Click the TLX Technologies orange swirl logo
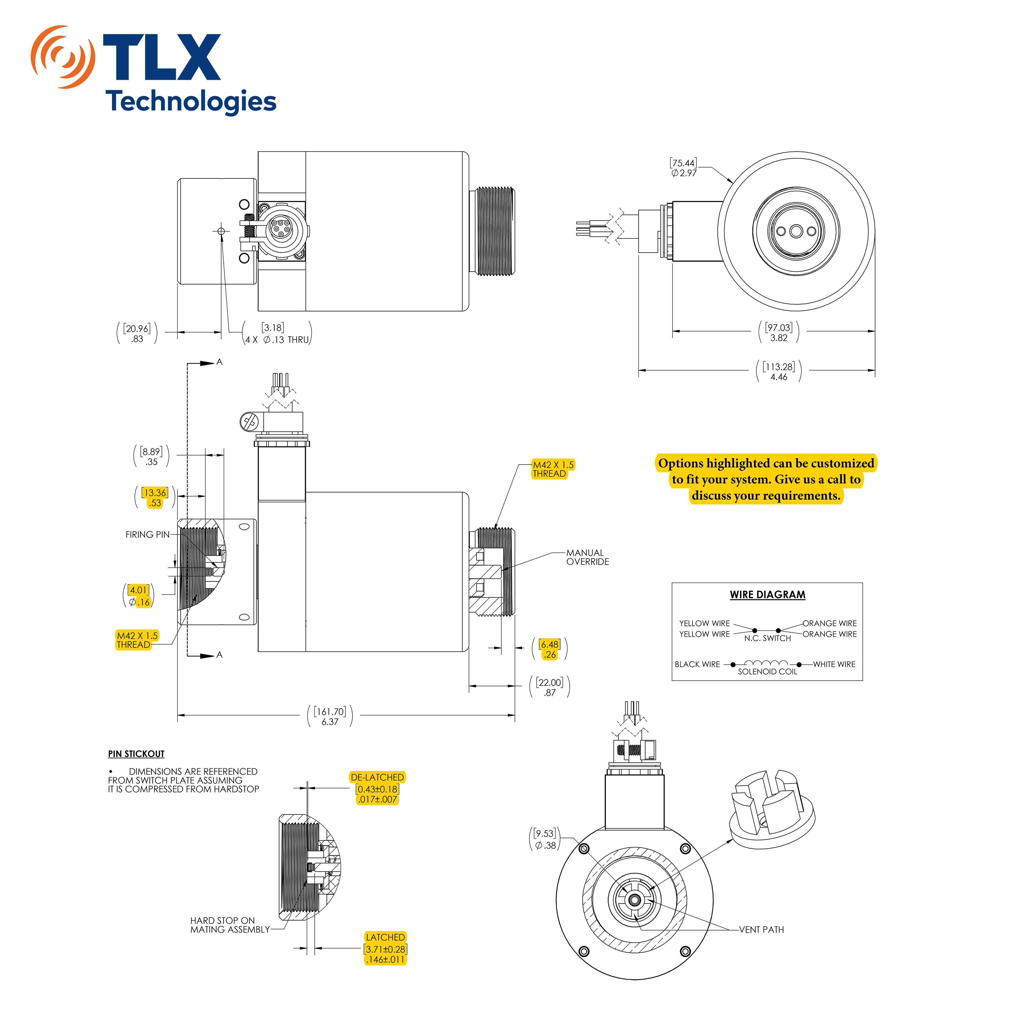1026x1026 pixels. point(63,57)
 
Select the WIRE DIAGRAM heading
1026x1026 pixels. point(768,595)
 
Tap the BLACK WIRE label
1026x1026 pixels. point(697,664)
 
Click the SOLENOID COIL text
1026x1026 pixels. point(768,672)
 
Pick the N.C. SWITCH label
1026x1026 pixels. point(768,638)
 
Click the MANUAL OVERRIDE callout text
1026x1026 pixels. point(587,557)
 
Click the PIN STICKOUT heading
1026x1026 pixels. point(137,754)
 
